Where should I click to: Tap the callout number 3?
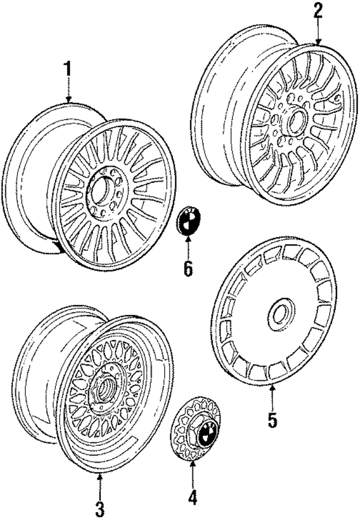[100, 510]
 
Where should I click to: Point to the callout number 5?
[272, 420]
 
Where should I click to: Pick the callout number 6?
[187, 268]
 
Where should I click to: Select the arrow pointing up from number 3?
[100, 485]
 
